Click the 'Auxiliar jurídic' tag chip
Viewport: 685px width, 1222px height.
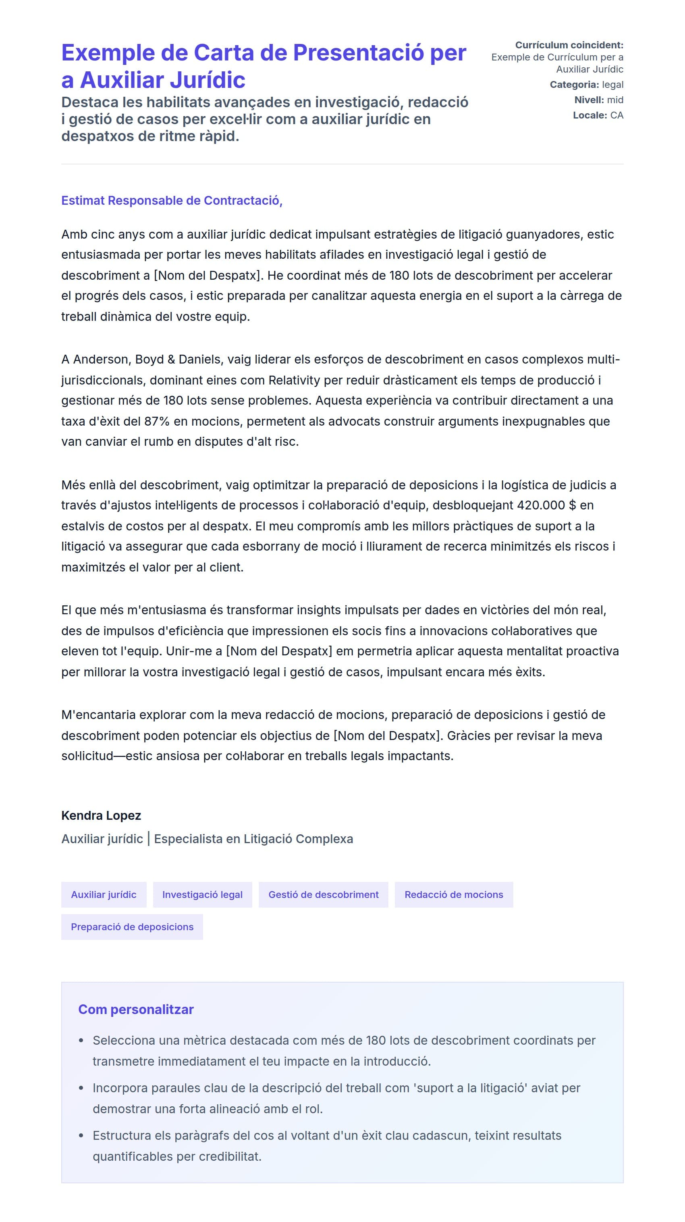coord(104,894)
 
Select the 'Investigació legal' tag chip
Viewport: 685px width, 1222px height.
coord(202,894)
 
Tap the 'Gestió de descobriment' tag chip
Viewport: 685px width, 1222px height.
coord(323,894)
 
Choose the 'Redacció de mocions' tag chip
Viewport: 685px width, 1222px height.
coord(453,894)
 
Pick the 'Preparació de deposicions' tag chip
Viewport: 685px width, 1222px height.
coord(132,927)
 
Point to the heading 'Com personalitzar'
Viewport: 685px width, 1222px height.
coord(136,1009)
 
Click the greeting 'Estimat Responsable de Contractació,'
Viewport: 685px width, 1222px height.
coord(172,200)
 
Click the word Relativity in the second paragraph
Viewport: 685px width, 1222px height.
coord(294,380)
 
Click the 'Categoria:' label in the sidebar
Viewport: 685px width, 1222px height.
coord(574,85)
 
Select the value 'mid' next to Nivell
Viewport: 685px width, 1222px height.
coord(615,100)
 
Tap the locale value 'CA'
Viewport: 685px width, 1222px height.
coord(616,115)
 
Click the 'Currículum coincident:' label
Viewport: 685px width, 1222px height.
coord(569,45)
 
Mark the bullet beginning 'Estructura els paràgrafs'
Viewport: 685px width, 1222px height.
coord(326,1135)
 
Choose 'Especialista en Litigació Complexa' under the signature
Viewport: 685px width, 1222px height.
coord(253,839)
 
